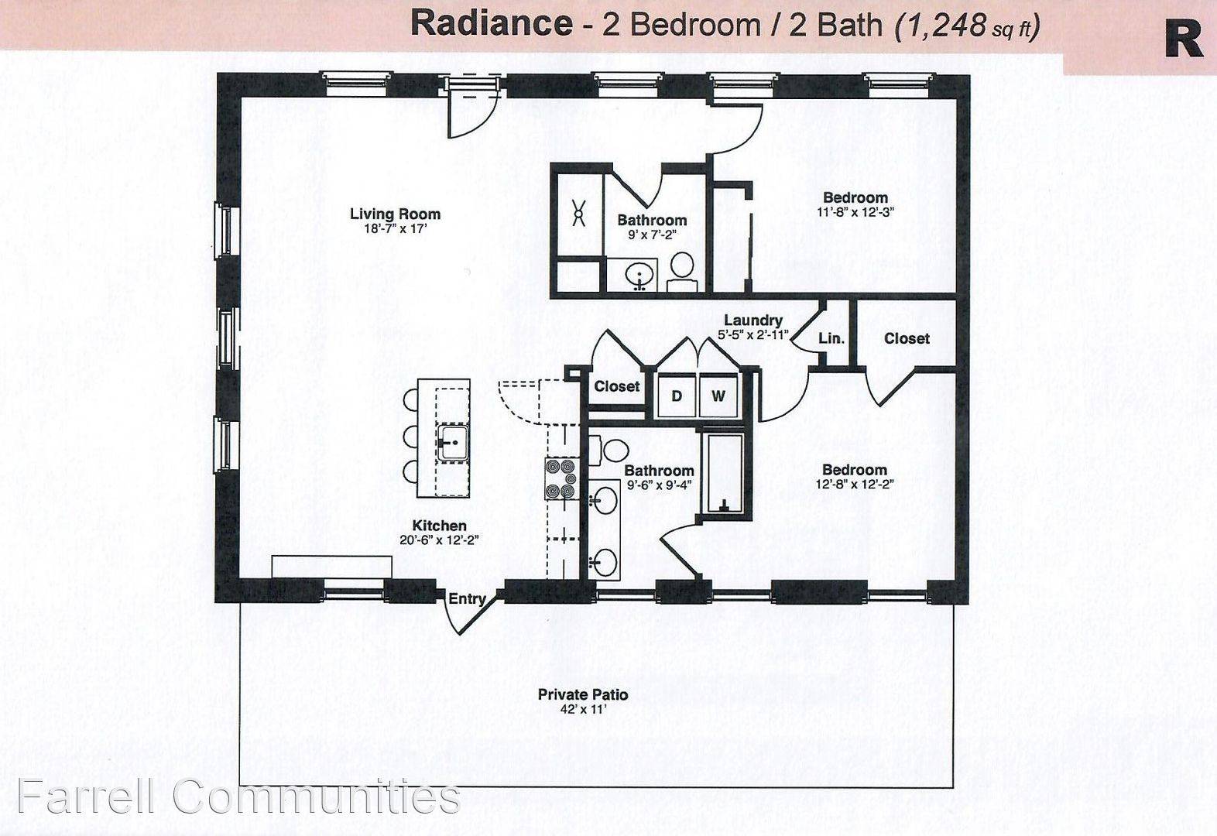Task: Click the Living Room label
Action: tap(395, 214)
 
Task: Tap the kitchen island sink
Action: tap(453, 442)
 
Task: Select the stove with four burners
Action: tap(561, 478)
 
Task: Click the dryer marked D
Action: tap(677, 396)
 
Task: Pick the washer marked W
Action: tap(718, 396)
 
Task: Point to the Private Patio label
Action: tap(583, 694)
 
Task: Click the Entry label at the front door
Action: tap(467, 598)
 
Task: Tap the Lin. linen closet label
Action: tap(831, 338)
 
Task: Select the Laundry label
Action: tap(753, 320)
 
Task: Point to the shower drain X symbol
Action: tap(578, 213)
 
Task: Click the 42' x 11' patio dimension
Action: tap(583, 709)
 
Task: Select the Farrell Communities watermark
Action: tap(239, 797)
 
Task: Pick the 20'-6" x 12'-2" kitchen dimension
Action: tap(439, 540)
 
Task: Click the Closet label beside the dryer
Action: tap(617, 386)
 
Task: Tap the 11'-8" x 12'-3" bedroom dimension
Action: tap(855, 212)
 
